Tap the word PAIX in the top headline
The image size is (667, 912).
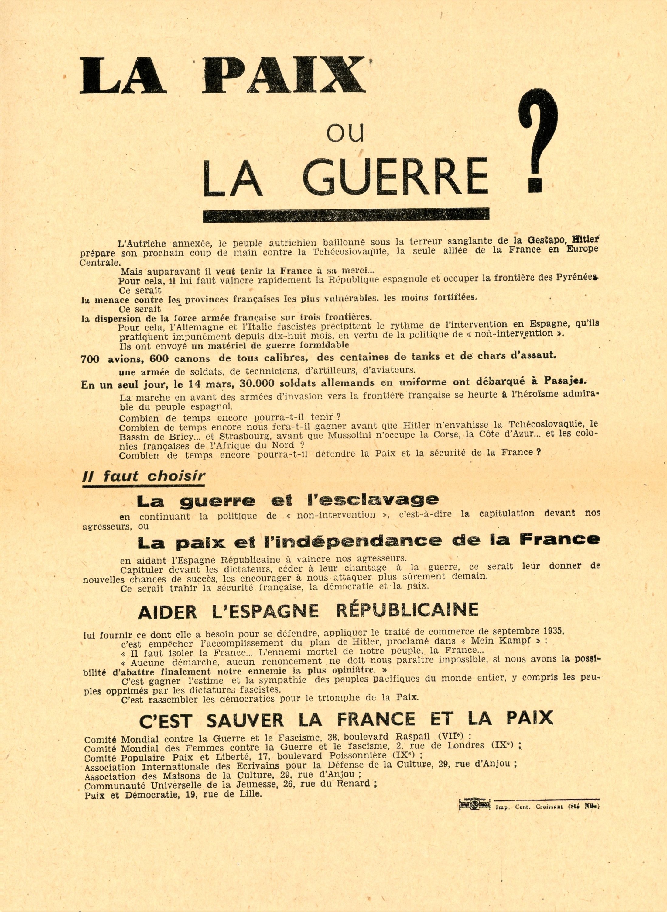[283, 76]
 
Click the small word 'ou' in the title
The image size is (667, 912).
[345, 133]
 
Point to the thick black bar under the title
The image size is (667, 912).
[346, 215]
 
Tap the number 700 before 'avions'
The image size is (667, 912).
[90, 359]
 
